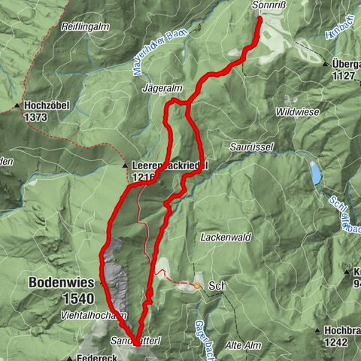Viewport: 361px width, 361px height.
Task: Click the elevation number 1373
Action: click(x=35, y=118)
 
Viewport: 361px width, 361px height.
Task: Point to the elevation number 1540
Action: click(x=78, y=299)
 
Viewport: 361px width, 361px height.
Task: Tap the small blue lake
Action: click(x=316, y=173)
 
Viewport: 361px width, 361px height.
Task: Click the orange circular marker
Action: click(x=197, y=286)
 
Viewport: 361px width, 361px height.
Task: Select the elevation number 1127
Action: click(x=344, y=75)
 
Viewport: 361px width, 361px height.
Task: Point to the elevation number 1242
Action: click(x=335, y=341)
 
